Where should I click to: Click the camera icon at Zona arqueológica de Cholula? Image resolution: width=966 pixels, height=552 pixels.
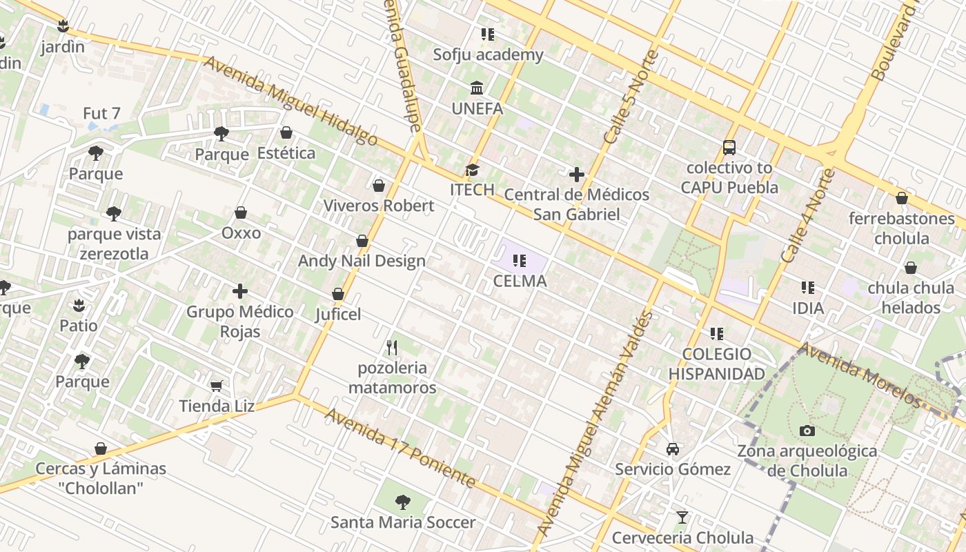click(807, 431)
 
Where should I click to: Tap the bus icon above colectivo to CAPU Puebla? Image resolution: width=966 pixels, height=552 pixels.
click(729, 147)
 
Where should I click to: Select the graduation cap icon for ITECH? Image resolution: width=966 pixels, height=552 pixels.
click(472, 170)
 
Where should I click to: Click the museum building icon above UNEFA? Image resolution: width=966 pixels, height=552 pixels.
click(477, 88)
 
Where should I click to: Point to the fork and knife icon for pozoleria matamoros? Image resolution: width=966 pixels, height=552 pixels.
click(392, 347)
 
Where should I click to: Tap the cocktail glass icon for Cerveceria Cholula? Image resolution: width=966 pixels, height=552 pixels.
click(682, 517)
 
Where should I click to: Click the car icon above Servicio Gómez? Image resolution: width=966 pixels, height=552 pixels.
click(673, 449)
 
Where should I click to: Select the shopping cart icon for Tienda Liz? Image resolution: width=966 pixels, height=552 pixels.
click(217, 386)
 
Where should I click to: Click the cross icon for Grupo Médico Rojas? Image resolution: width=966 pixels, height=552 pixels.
click(240, 291)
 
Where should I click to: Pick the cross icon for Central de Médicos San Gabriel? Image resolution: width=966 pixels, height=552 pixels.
click(577, 175)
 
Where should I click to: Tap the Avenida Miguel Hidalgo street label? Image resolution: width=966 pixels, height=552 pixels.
click(290, 101)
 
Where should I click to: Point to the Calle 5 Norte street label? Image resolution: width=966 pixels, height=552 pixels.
click(631, 97)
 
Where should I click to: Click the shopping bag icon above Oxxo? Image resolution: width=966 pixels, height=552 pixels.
click(241, 213)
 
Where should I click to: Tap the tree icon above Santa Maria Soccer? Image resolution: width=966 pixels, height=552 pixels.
click(403, 502)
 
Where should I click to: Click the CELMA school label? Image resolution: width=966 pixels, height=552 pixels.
click(520, 281)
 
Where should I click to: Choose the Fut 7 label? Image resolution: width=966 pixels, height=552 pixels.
click(101, 113)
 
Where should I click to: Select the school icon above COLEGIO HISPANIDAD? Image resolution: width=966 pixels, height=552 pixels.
click(717, 334)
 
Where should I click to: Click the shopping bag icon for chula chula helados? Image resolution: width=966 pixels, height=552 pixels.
click(911, 268)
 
